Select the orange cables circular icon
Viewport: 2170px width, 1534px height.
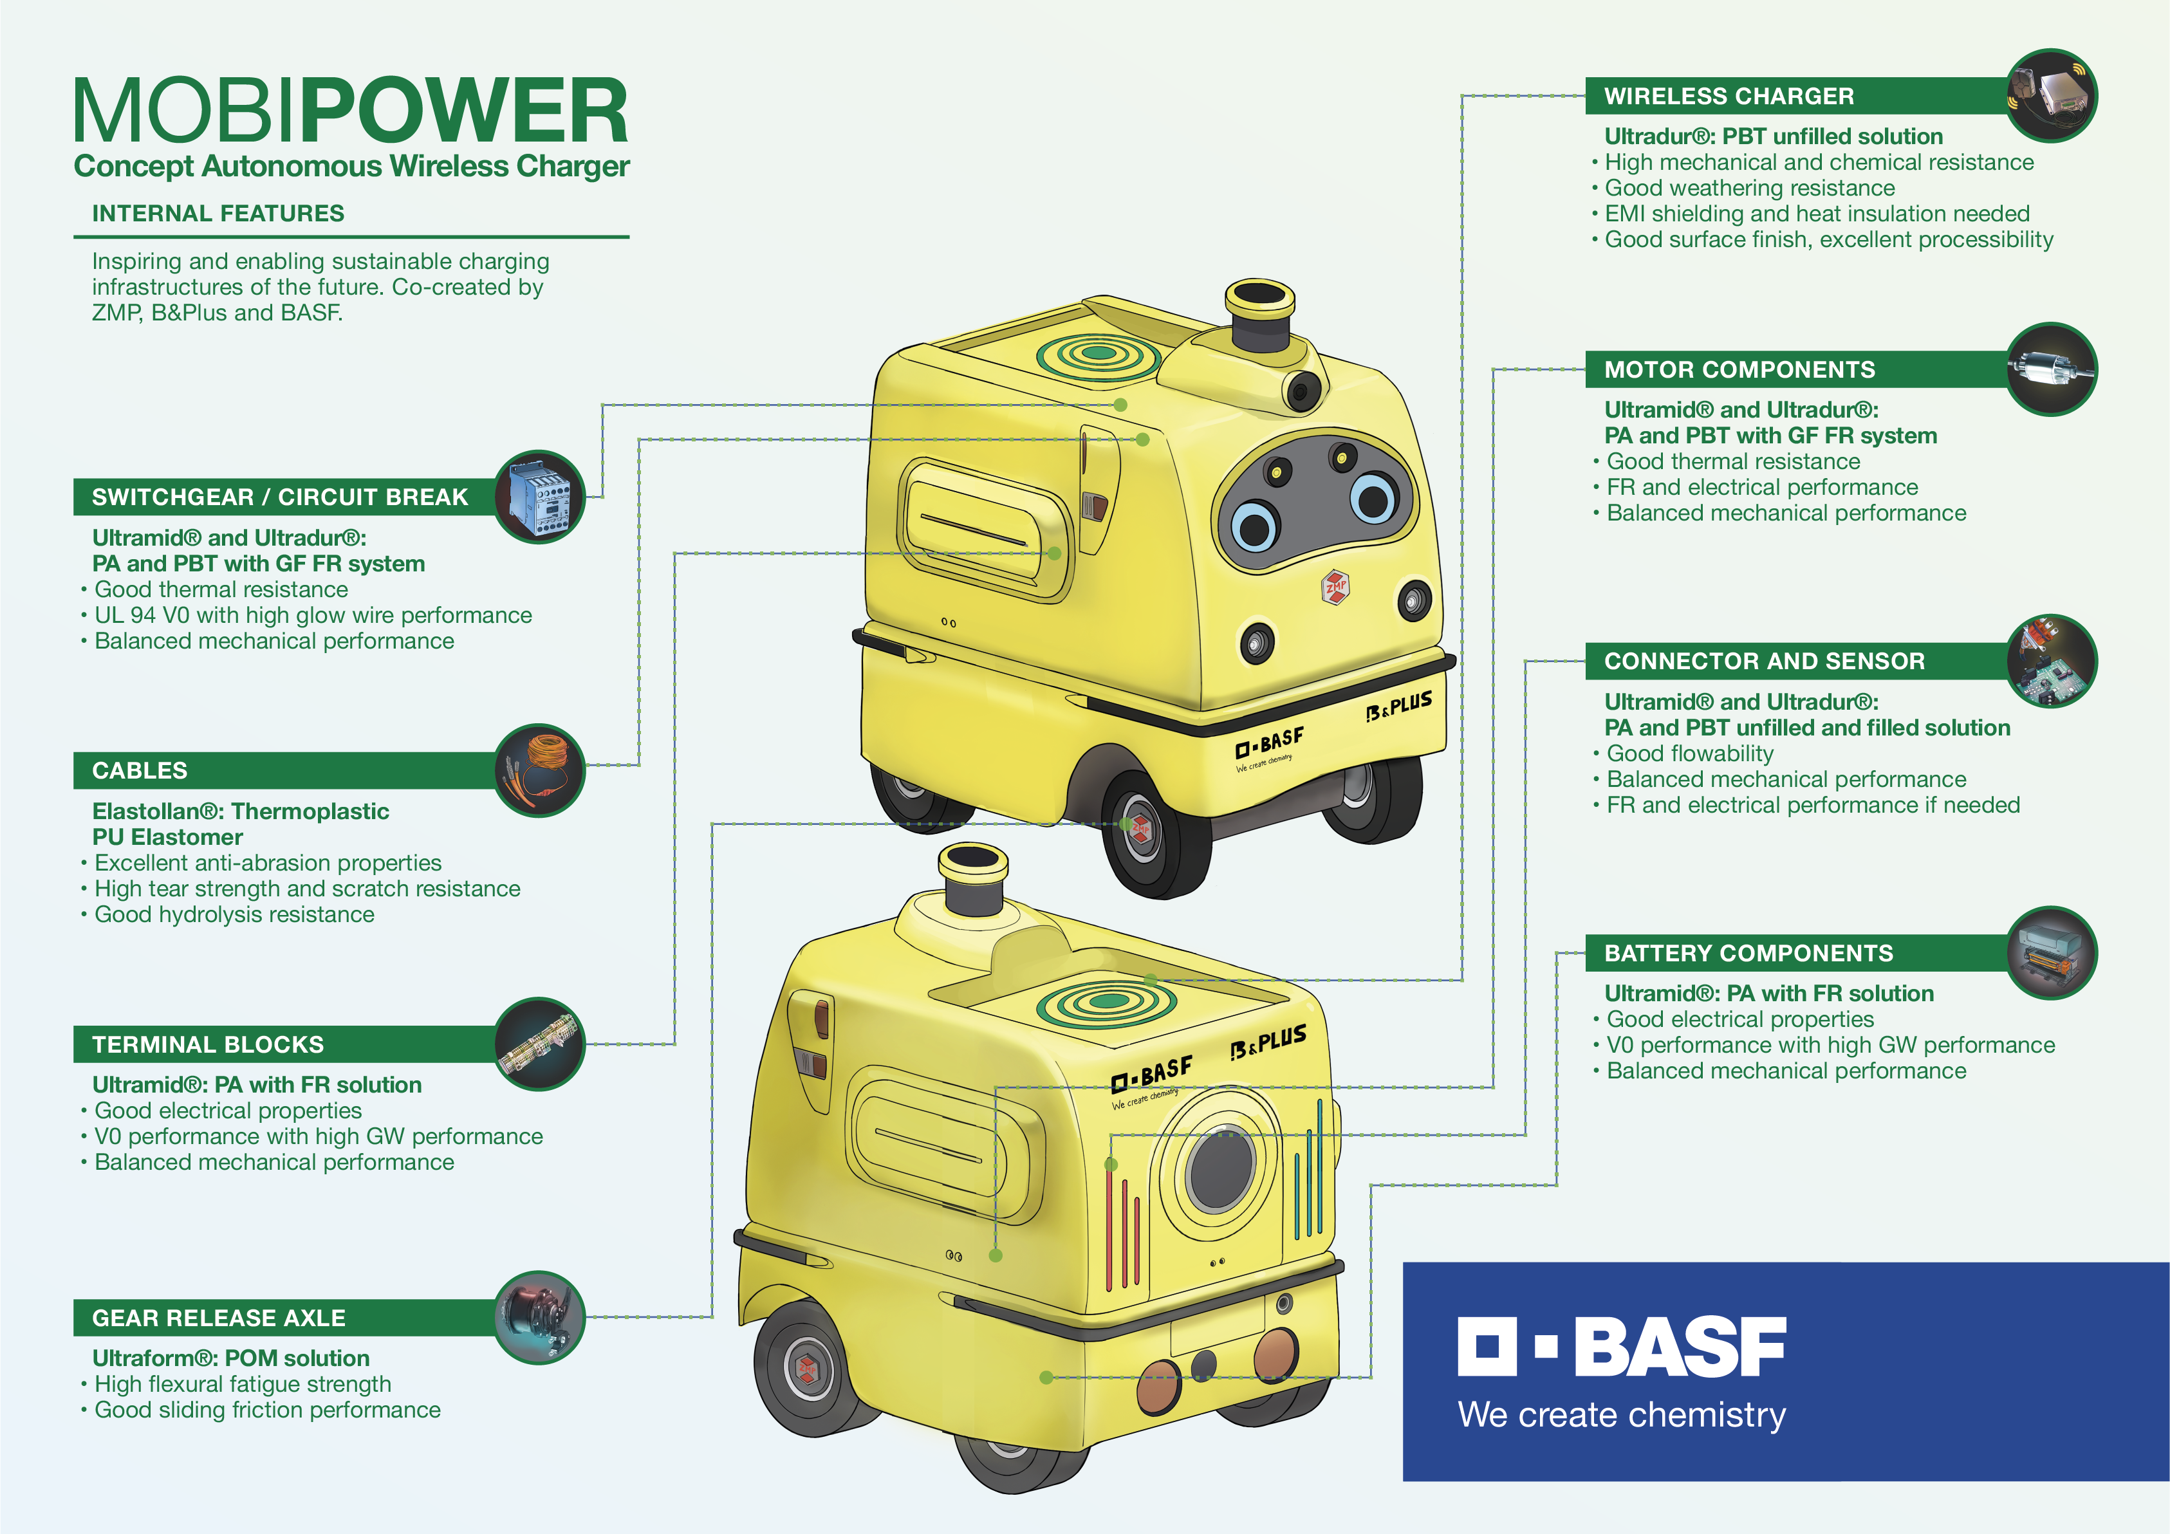(540, 770)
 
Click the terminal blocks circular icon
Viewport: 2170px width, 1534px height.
(540, 1044)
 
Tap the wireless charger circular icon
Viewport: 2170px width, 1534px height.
(2051, 95)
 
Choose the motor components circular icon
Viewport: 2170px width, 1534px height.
(2051, 369)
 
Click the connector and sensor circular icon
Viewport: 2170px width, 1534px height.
(2051, 661)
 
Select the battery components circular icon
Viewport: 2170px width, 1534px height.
(2051, 953)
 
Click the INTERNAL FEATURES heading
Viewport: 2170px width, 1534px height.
(218, 214)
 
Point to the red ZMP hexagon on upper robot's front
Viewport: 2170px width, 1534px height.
(1335, 587)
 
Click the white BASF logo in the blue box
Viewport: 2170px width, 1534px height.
(1622, 1346)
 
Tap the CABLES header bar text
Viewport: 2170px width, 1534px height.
(140, 770)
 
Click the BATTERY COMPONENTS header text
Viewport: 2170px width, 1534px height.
(1748, 953)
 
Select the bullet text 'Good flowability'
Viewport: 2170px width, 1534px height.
(1690, 753)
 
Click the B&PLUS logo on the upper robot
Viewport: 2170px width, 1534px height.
(1399, 705)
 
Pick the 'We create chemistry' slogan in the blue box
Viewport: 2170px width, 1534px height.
(1622, 1415)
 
